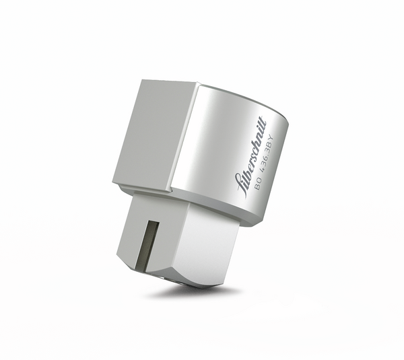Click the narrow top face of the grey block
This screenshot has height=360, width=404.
(x=168, y=83)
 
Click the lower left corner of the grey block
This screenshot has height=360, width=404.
(x=114, y=181)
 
